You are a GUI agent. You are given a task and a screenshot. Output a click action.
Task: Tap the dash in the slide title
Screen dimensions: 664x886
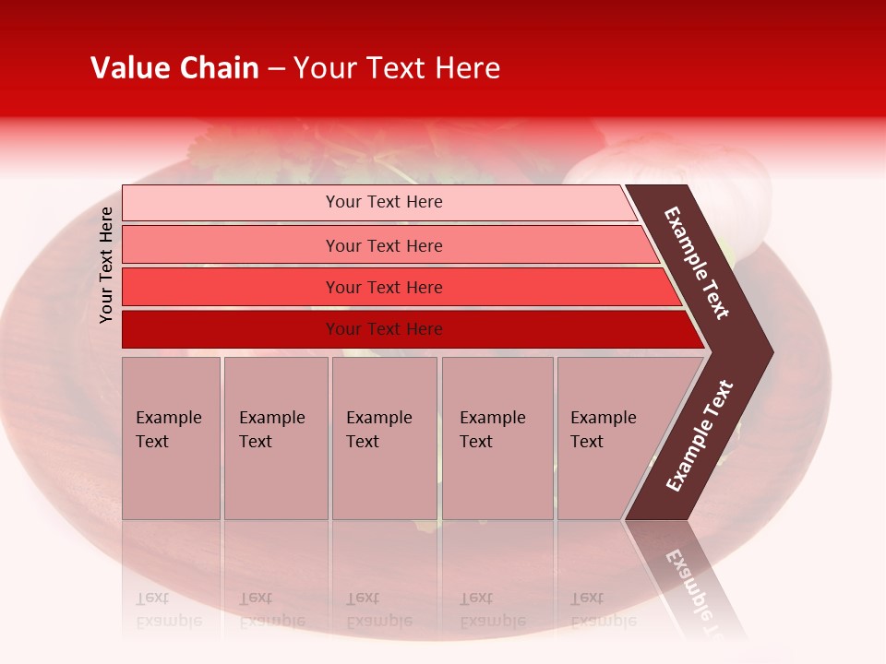pyautogui.click(x=276, y=69)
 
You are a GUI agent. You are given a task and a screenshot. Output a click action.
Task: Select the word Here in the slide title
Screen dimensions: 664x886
pyautogui.click(x=467, y=68)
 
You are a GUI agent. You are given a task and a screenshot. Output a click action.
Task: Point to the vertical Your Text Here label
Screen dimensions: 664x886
pyautogui.click(x=106, y=265)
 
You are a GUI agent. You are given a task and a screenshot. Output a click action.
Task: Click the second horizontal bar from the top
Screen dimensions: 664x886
pyautogui.click(x=383, y=245)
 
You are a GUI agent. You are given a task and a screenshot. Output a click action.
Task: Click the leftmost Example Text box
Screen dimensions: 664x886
pyautogui.click(x=171, y=438)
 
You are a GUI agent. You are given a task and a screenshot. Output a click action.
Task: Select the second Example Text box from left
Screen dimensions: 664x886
pyautogui.click(x=275, y=438)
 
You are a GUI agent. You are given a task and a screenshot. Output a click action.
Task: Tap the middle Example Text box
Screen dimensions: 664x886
pyautogui.click(x=384, y=438)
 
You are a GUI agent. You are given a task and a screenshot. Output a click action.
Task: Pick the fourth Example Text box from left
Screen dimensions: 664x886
pyautogui.click(x=497, y=438)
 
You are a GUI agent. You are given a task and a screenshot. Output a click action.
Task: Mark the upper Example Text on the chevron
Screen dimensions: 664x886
pyautogui.click(x=697, y=263)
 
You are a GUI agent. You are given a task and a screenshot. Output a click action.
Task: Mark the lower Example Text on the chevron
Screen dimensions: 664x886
pyautogui.click(x=700, y=436)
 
